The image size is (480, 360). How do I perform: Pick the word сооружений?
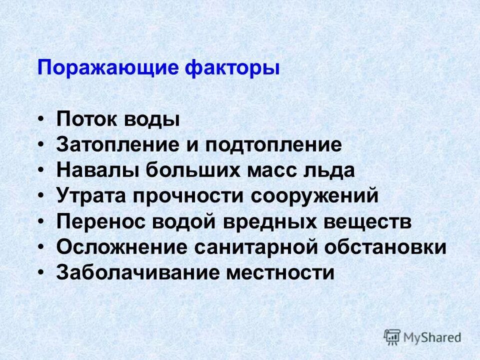(x=321, y=196)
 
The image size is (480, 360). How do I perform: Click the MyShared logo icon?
(x=392, y=336)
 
